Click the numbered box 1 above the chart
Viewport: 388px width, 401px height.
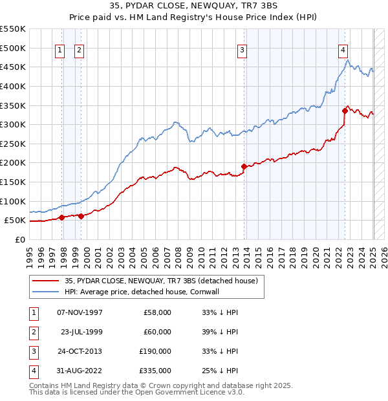pos(60,50)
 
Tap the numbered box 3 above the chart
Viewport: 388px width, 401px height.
pos(242,50)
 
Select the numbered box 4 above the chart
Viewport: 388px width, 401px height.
pos(343,50)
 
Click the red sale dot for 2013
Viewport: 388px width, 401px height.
pos(244,166)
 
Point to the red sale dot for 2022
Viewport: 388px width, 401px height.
pos(345,111)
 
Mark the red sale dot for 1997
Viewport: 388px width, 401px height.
pos(61,217)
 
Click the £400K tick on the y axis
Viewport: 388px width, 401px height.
pos(14,86)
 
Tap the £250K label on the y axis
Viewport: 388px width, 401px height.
pos(14,144)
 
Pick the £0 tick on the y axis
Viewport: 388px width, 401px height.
pos(19,239)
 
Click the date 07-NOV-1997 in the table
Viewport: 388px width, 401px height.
pos(80,312)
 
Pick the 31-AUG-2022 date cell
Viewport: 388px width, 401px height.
pos(80,371)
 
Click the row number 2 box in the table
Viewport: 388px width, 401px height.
pos(32,332)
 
